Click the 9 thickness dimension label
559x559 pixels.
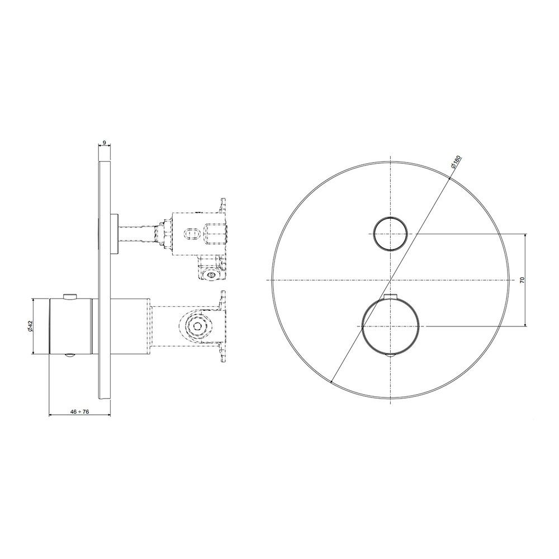click(x=104, y=143)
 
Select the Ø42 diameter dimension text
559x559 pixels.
click(x=30, y=326)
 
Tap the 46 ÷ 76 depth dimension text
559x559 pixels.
click(x=79, y=411)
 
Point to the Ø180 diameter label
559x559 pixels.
click(x=455, y=162)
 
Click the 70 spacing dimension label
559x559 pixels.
click(x=522, y=279)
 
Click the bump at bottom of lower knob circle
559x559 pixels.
click(x=391, y=356)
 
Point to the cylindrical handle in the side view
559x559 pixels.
click(x=70, y=326)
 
